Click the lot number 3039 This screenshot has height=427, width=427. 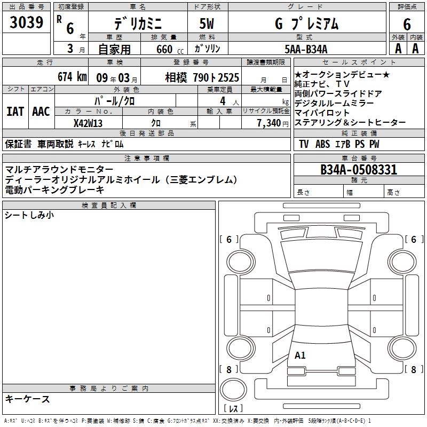point(26,22)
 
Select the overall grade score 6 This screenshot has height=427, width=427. point(407,24)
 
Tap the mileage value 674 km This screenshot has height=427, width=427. point(72,76)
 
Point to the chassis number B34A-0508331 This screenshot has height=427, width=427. point(359,170)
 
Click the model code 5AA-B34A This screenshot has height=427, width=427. point(306,49)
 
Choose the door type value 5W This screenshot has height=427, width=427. point(207,23)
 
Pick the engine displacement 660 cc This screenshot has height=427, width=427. point(170,49)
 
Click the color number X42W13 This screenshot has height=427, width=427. point(88,123)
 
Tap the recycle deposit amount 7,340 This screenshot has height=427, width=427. point(269,123)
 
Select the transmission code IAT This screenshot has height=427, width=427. point(15,112)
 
